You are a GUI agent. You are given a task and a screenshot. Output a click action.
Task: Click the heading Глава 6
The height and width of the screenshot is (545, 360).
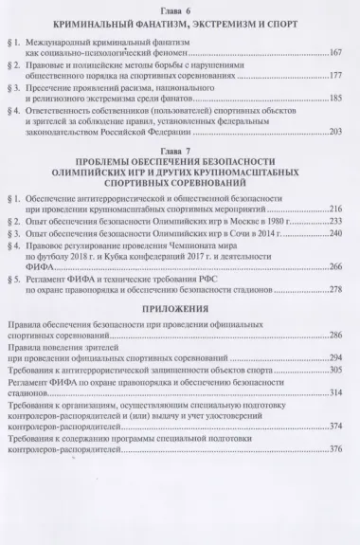point(180,8)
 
